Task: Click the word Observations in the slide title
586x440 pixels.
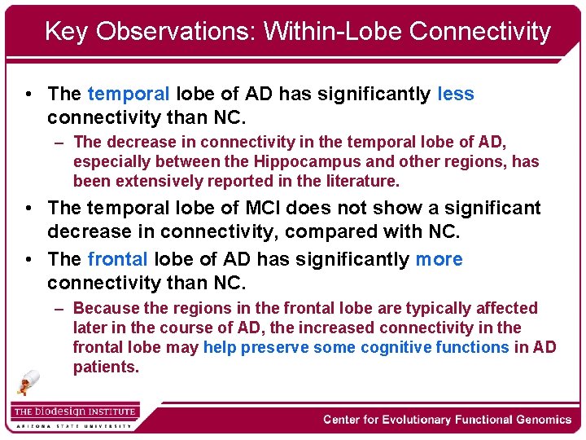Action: [x=180, y=32]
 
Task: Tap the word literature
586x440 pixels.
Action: [x=356, y=181]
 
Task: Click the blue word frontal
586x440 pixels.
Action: [x=117, y=259]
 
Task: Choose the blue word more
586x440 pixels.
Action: [x=439, y=259]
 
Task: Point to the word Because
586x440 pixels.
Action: [x=106, y=308]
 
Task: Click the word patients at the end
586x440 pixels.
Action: [x=105, y=367]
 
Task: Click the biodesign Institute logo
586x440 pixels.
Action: [x=75, y=411]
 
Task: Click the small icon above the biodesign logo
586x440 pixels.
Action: [x=29, y=382]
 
